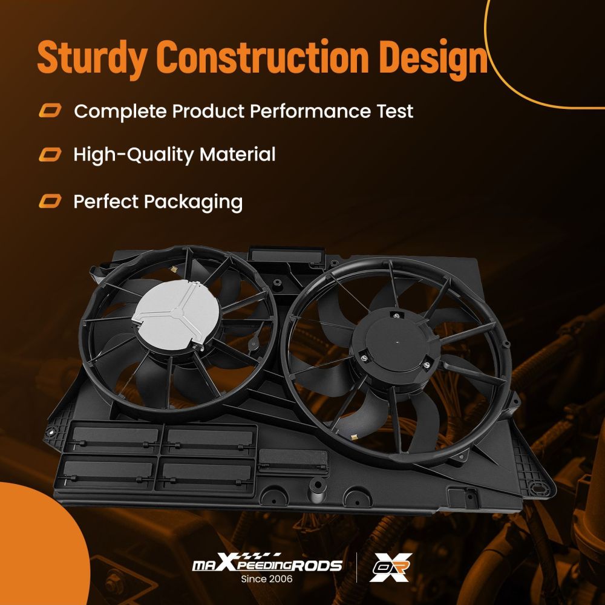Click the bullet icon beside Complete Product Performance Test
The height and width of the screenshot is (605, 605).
(x=50, y=111)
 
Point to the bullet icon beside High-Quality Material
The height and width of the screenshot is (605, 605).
(x=50, y=155)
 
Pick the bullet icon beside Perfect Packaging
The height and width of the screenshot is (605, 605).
(x=50, y=201)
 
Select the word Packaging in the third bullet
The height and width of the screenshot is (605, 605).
(x=194, y=201)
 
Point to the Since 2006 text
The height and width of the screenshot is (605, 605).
(x=267, y=579)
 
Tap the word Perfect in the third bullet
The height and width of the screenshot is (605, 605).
(x=105, y=201)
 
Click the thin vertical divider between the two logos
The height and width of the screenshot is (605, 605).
(x=356, y=567)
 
